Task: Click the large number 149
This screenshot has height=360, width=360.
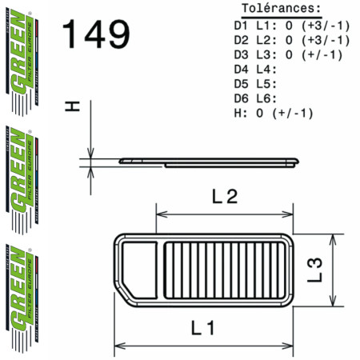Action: [95, 35]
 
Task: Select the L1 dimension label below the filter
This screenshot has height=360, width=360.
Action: [206, 329]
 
